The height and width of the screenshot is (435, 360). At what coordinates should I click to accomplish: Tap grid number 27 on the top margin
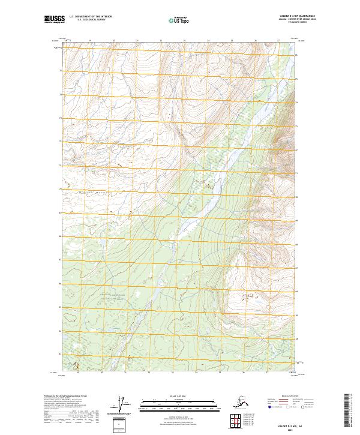tap(278, 41)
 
